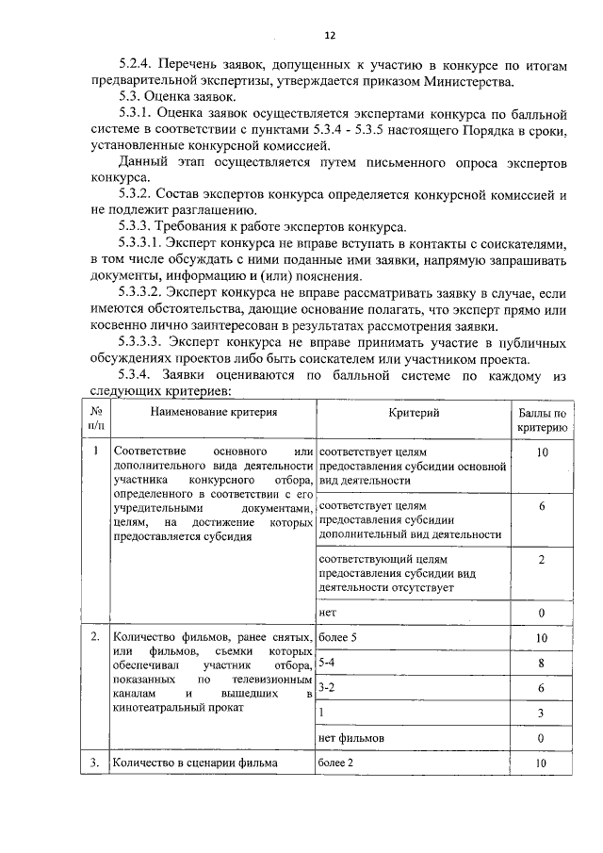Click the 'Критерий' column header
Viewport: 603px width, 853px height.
(414, 412)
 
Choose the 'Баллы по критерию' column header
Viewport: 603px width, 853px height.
(542, 419)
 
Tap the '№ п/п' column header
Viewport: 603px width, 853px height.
(96, 419)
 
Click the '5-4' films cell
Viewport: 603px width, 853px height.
(328, 664)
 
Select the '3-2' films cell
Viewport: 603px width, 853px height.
(328, 688)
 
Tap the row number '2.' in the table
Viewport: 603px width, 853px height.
(96, 638)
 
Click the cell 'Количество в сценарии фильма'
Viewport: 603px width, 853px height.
(194, 763)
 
